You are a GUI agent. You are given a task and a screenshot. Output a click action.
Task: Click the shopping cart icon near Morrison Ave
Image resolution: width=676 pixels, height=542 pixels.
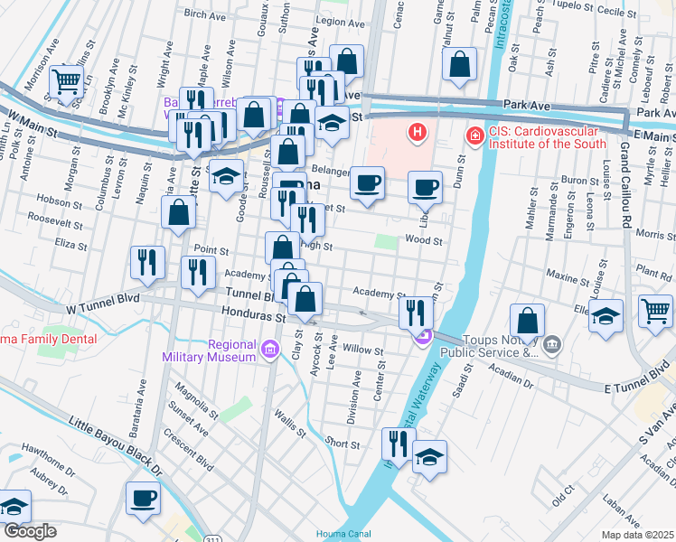(x=67, y=81)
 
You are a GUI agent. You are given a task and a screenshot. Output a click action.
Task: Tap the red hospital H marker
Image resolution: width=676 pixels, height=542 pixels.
(x=417, y=134)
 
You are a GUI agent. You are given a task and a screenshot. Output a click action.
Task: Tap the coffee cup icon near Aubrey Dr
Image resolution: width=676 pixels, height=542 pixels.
(x=144, y=498)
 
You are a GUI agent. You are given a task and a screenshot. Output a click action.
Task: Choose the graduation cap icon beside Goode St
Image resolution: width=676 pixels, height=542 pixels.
(x=226, y=176)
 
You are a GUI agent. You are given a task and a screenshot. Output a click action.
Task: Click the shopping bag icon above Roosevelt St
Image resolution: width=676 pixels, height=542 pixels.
(x=180, y=212)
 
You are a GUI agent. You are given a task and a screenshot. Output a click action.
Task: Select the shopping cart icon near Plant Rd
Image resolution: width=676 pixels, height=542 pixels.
(x=655, y=311)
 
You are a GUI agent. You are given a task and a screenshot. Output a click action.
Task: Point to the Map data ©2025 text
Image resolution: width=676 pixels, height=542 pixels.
(x=636, y=535)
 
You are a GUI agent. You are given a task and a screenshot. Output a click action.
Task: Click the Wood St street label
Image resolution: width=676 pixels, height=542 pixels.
(x=423, y=241)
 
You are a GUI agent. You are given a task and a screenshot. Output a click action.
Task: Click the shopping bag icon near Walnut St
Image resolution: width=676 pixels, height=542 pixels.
(x=460, y=65)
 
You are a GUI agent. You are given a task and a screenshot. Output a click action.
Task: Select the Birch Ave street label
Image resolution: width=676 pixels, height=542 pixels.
(x=204, y=14)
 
